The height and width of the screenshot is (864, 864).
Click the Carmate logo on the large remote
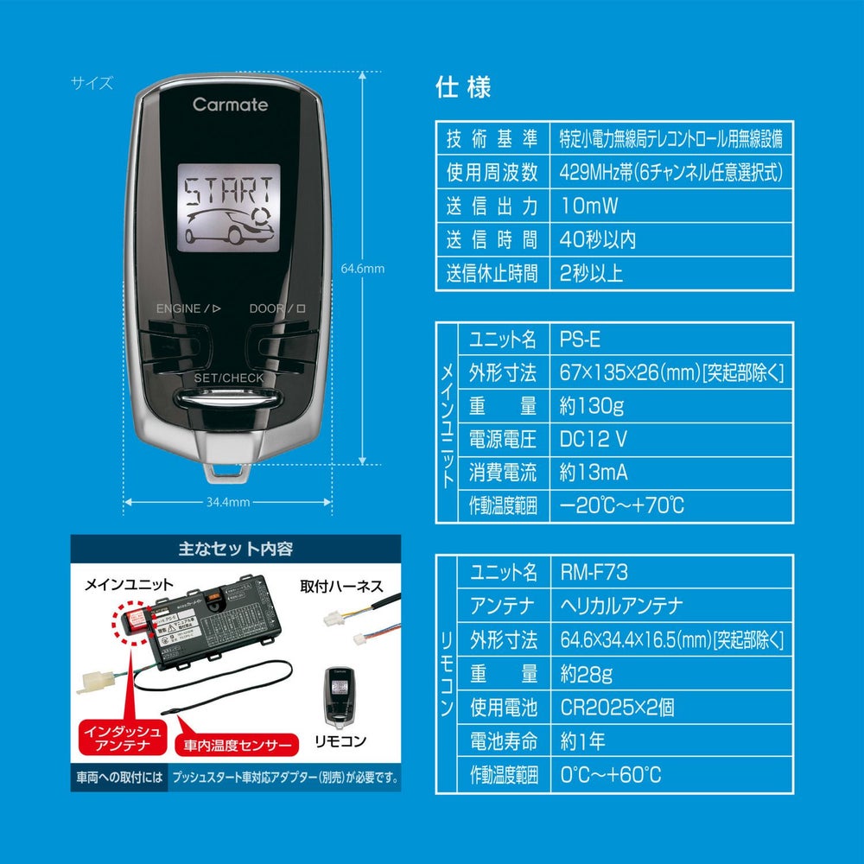click(230, 105)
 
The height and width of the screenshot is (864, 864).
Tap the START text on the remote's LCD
click(230, 188)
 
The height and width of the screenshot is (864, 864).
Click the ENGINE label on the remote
click(179, 308)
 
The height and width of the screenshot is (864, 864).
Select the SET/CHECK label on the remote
click(229, 378)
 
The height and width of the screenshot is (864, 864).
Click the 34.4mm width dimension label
click(228, 502)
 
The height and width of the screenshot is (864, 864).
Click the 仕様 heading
click(464, 87)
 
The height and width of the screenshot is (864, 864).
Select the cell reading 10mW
click(671, 206)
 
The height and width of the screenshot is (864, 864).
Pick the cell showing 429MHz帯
click(671, 172)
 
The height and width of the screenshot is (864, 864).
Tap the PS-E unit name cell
click(671, 339)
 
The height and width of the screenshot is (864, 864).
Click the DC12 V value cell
click(671, 439)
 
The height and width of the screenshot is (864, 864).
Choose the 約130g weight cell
click(671, 405)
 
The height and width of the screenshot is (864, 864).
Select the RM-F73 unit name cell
click(671, 572)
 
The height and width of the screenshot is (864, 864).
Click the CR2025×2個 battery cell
click(671, 708)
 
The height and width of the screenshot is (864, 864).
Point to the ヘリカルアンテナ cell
click(671, 606)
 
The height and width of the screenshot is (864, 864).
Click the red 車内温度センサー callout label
click(235, 744)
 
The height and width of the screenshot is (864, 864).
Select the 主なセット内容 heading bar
click(235, 549)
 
